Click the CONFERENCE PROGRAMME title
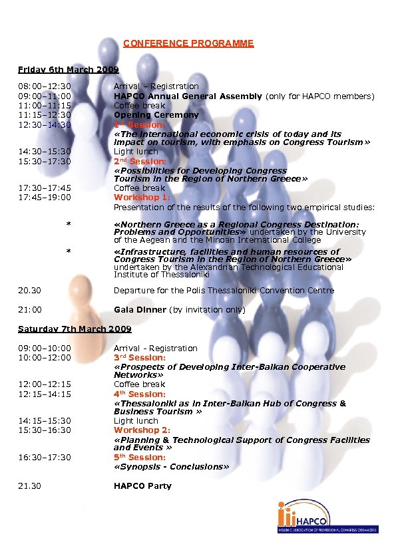188,43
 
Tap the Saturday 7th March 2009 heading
75,329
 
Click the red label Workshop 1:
137,198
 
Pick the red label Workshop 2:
137,430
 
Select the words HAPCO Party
142,486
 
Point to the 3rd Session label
140,358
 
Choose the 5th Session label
140,458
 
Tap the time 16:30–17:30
45,458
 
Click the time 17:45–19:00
45,198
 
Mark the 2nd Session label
140,162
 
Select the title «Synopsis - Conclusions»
171,467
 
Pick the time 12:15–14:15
45,394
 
